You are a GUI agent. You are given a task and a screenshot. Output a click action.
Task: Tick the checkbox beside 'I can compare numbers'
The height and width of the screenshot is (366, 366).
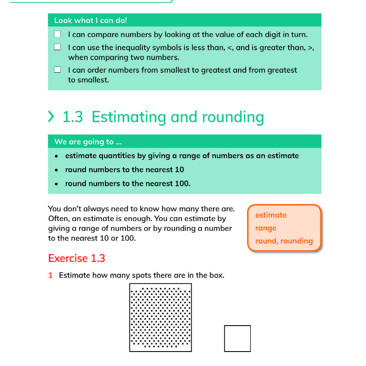pyautogui.click(x=58, y=34)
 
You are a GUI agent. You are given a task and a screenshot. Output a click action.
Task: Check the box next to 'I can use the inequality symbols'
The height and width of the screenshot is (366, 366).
pyautogui.click(x=58, y=47)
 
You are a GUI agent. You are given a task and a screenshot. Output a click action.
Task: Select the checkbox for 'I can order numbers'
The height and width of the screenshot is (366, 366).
pyautogui.click(x=58, y=70)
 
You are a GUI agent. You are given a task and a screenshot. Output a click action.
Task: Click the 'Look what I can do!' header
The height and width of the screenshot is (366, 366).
pyautogui.click(x=91, y=20)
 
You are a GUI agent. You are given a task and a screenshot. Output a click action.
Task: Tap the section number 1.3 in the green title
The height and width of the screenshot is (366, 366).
pyautogui.click(x=73, y=117)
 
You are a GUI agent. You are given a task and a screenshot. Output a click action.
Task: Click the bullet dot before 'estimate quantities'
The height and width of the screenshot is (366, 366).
pyautogui.click(x=57, y=156)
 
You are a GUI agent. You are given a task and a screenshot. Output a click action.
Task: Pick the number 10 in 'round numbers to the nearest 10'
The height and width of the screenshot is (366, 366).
pyautogui.click(x=179, y=170)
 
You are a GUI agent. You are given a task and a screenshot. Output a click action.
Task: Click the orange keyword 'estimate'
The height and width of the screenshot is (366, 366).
pyautogui.click(x=271, y=215)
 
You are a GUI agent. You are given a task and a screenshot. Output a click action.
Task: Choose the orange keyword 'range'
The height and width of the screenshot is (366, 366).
pyautogui.click(x=266, y=228)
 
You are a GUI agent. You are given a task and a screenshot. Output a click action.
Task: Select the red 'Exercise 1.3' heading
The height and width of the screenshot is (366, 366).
pyautogui.click(x=77, y=258)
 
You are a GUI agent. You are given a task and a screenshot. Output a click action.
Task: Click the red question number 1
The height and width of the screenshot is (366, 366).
pyautogui.click(x=51, y=275)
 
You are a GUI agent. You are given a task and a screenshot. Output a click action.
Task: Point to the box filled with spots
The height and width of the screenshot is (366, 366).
pyautogui.click(x=160, y=318)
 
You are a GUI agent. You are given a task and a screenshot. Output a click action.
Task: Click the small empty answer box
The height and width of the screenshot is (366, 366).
pyautogui.click(x=237, y=338)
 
